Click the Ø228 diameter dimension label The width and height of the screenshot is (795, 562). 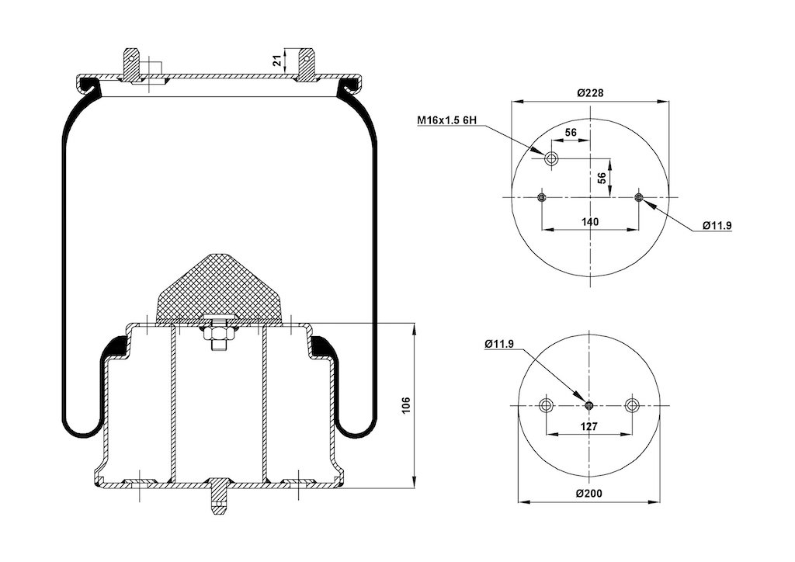pos(591,92)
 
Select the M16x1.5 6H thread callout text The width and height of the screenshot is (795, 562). pos(447,120)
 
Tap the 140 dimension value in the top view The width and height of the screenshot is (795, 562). pos(590,221)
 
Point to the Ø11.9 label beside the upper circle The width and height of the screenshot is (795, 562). pos(717,226)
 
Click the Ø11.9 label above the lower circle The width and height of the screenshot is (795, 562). pos(499,344)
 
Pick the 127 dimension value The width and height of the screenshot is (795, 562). pos(588,427)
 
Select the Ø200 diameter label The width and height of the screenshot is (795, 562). pos(589,493)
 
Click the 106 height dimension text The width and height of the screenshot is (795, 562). pos(406,405)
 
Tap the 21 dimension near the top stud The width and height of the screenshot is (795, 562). pos(277,61)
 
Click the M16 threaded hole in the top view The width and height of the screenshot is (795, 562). pos(551,158)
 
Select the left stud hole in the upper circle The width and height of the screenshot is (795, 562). pos(542,197)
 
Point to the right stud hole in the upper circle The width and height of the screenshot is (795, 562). pos(639,197)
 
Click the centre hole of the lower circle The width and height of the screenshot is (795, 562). pos(589,405)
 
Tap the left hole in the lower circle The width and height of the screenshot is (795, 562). pos(546,405)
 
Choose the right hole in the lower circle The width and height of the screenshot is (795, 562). pos(632,405)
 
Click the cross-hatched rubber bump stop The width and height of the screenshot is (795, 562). pos(219,289)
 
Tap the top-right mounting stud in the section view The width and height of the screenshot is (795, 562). pos(306,65)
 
